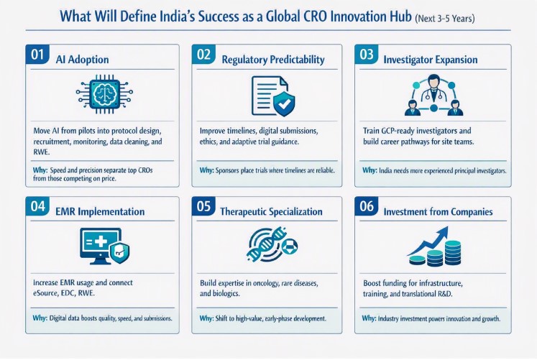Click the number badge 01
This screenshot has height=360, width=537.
[x=37, y=54]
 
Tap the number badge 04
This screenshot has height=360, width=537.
[x=37, y=206]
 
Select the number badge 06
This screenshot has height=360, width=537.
[x=367, y=206]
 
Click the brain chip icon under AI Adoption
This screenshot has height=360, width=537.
[x=104, y=94]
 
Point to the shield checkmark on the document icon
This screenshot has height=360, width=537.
[x=284, y=103]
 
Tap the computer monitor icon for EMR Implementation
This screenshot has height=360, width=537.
[x=101, y=246]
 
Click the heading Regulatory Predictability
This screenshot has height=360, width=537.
[x=273, y=60]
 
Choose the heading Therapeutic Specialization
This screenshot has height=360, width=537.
[x=271, y=211]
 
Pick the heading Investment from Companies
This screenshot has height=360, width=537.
[x=438, y=211]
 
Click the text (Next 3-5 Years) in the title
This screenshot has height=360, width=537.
[x=444, y=18]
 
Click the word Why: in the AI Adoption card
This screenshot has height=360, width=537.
[x=40, y=170]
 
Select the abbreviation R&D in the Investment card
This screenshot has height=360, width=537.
[x=445, y=294]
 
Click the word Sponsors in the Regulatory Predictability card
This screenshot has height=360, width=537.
[x=227, y=170]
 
